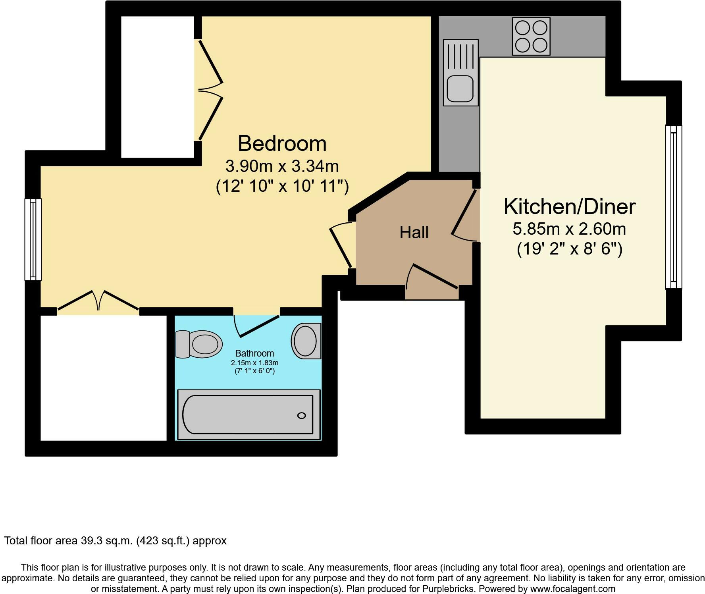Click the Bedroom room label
point(282,143)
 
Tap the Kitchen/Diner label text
point(570,207)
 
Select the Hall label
point(414,232)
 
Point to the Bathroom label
point(254,353)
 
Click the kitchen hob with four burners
point(531,36)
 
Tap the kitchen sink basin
point(460,88)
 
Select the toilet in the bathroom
point(199,344)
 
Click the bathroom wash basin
point(306,341)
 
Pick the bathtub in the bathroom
point(248,415)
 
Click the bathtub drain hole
point(302,416)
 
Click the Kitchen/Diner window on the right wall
point(673,207)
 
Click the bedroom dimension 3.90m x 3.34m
point(282,166)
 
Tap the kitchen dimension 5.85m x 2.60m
point(570,229)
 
